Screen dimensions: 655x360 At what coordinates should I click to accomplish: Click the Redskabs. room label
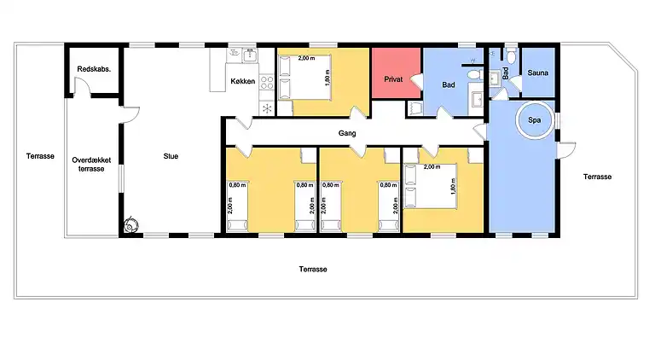pos(94,69)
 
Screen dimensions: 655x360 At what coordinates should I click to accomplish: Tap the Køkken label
pos(243,81)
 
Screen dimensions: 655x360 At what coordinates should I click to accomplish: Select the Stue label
pos(171,156)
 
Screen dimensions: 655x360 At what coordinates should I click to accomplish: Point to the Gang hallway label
pos(347,133)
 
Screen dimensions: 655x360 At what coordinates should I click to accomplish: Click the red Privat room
pos(396,73)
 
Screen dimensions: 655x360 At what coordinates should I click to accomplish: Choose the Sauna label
pos(537,73)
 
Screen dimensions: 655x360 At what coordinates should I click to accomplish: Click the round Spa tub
pos(535,120)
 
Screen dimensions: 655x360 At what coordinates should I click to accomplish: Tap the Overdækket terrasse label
pos(91,165)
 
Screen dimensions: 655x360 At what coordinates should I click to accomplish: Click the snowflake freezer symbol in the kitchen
pos(267,108)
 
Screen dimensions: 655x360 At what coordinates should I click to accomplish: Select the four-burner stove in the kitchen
pos(267,82)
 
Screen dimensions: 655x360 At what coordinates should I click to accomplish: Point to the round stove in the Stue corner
pos(131,225)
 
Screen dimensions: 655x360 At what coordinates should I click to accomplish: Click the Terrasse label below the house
pos(313,270)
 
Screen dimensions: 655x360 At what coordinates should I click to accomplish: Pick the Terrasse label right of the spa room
pos(597,177)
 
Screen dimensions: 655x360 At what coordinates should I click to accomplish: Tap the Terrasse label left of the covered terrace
pos(40,156)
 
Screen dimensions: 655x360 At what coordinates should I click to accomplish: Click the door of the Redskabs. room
pos(82,87)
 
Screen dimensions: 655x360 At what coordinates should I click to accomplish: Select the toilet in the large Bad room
pos(474,74)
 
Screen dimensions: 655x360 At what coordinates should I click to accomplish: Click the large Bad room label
pos(449,84)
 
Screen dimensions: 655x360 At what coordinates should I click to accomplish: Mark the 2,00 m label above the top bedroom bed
pos(306,59)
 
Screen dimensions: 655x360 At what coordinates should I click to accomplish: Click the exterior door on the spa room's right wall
pos(566,150)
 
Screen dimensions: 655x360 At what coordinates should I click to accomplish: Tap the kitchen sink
pos(250,55)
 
